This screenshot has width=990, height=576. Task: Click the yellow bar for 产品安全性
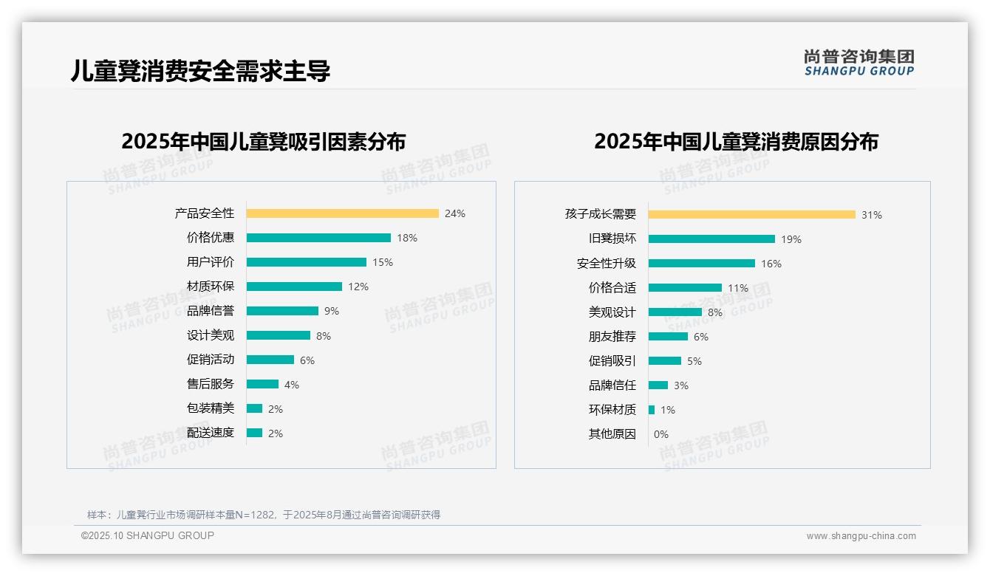[342, 213]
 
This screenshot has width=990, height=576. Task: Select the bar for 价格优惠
[318, 238]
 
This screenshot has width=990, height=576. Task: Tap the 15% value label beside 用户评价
[383, 262]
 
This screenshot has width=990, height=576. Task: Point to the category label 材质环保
[211, 287]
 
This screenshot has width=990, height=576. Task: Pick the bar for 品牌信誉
[282, 311]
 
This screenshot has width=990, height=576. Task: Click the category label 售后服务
[211, 384]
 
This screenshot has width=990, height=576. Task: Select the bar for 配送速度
[254, 433]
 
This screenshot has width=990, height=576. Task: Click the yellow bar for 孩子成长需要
[751, 215]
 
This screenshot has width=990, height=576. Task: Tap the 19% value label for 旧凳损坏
[791, 239]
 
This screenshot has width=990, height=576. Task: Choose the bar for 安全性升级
[701, 264]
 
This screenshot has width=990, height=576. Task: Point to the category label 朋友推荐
[612, 337]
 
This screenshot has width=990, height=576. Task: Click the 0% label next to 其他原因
[660, 434]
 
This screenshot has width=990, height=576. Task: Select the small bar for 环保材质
[652, 410]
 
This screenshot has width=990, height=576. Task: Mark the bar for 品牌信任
[658, 385]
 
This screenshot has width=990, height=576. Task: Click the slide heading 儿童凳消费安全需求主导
[200, 71]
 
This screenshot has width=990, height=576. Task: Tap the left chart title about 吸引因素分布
[264, 142]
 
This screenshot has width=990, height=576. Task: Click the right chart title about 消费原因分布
[736, 142]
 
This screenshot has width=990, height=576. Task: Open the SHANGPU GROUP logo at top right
[858, 63]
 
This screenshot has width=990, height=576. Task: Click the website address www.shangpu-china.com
[861, 536]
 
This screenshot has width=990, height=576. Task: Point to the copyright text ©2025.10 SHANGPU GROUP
[148, 535]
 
